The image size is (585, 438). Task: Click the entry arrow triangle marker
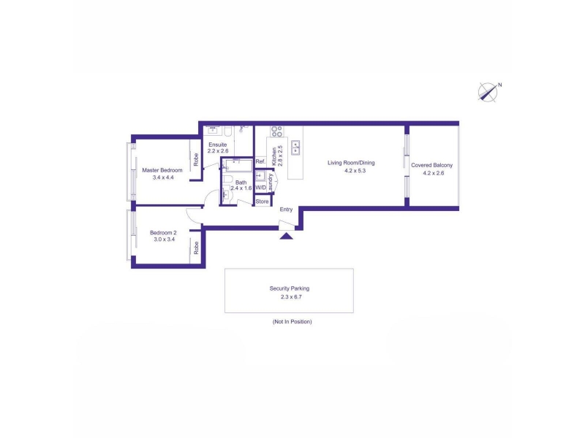286,236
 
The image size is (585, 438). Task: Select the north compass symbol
488,92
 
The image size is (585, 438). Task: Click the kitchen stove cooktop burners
277,131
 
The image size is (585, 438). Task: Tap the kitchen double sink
295,148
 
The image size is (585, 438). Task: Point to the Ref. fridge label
260,161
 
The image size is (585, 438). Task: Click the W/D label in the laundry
261,188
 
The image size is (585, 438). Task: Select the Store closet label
262,201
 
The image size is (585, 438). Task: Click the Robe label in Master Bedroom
196,160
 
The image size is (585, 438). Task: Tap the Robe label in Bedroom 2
196,248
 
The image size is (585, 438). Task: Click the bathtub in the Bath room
239,166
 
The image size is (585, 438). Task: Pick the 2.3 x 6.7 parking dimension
291,297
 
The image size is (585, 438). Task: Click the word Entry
286,210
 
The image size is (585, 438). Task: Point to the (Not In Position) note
292,321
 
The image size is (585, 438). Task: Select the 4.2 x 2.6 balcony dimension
434,173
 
